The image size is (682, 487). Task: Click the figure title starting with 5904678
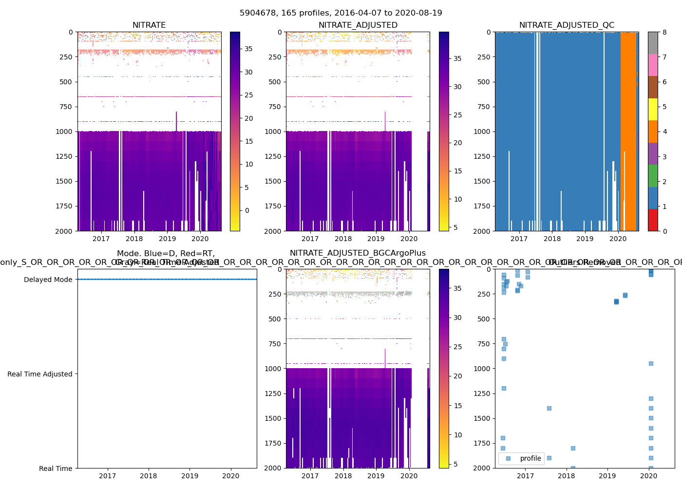341,13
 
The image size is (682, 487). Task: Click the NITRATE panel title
149,25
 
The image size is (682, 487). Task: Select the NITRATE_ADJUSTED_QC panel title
567,25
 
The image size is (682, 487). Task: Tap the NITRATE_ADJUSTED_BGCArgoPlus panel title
358,253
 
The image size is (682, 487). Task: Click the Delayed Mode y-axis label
48,280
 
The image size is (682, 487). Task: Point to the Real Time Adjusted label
39,374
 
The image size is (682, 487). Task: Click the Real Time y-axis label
56,468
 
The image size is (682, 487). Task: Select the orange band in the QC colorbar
653,131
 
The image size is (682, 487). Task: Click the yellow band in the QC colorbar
653,109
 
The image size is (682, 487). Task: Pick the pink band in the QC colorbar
653,65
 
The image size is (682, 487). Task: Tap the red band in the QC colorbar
653,220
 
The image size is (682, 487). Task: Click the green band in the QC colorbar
653,175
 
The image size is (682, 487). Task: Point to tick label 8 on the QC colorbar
664,32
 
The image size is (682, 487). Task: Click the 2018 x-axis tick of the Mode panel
149,476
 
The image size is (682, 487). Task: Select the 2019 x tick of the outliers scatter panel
607,476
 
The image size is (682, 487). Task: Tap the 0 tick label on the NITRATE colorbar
247,210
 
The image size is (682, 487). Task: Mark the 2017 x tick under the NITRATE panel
101,239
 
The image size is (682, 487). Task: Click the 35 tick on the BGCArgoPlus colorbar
457,288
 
